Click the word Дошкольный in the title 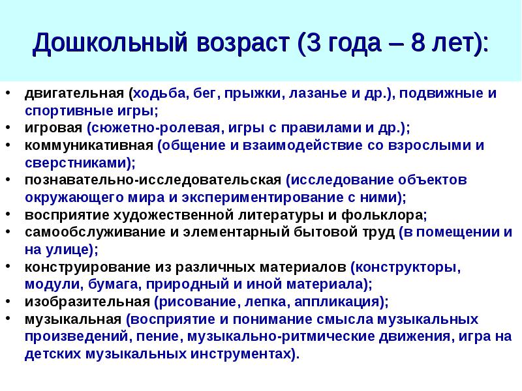pos(110,43)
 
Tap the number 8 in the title pos(419,42)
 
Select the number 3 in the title pos(313,42)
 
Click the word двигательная pos(74,94)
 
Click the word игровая pos(54,128)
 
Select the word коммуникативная pos(89,145)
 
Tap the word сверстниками pos(76,163)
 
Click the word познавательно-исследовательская pos(153,181)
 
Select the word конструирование pos(88,267)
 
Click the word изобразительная pos(87,302)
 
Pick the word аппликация pos(337,302)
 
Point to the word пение pos(158,336)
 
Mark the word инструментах pos(240,355)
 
